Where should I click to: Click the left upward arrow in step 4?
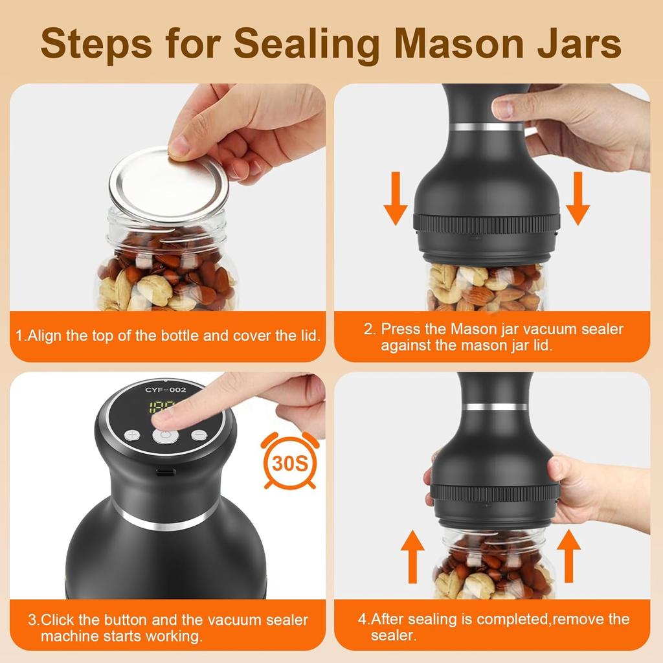(412, 556)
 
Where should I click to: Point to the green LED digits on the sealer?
(157, 409)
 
